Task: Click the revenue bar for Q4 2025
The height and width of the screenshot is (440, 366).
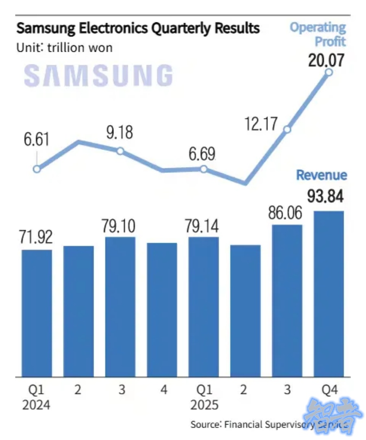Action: [329, 293]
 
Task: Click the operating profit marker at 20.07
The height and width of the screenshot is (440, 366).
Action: [329, 73]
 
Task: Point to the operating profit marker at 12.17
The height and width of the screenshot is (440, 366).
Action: [287, 130]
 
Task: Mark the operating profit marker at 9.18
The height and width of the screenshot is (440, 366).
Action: [120, 151]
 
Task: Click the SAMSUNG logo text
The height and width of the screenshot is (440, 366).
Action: [98, 75]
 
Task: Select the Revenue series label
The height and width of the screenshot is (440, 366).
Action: [321, 175]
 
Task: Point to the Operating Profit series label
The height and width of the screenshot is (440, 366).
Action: [318, 35]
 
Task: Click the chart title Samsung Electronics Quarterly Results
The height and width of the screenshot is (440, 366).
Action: [138, 29]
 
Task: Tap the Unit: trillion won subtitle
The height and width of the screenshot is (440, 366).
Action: [64, 48]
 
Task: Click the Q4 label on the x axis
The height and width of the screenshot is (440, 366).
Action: [329, 390]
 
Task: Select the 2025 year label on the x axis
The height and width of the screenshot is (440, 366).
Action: [204, 405]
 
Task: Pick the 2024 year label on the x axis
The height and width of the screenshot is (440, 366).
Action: [37, 405]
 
